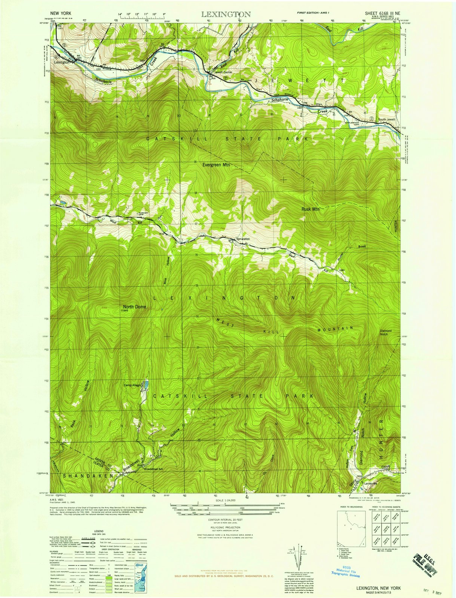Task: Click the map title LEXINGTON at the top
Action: point(226,15)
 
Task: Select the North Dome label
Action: point(135,306)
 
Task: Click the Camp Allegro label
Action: point(132,385)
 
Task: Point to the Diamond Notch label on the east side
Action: point(386,333)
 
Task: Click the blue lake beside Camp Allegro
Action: point(147,384)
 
